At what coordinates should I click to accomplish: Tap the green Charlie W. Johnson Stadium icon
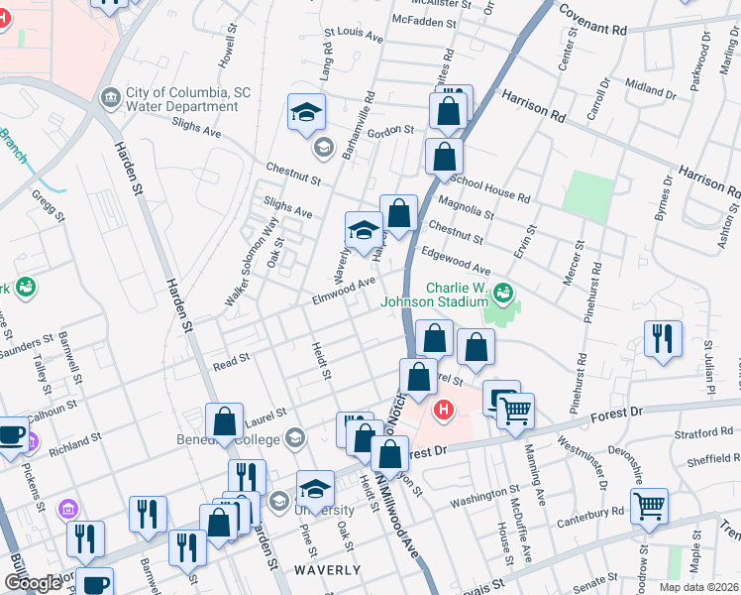[x=503, y=292]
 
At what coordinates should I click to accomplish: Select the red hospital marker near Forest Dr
[x=444, y=409]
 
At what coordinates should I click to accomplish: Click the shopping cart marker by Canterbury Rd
[x=650, y=505]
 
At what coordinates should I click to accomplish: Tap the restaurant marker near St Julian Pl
[x=663, y=338]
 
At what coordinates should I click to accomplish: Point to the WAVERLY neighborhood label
[x=327, y=569]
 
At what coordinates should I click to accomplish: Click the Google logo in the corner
[x=33, y=583]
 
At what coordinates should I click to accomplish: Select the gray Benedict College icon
[x=294, y=437]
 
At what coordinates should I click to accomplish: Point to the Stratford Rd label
[x=701, y=432]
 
